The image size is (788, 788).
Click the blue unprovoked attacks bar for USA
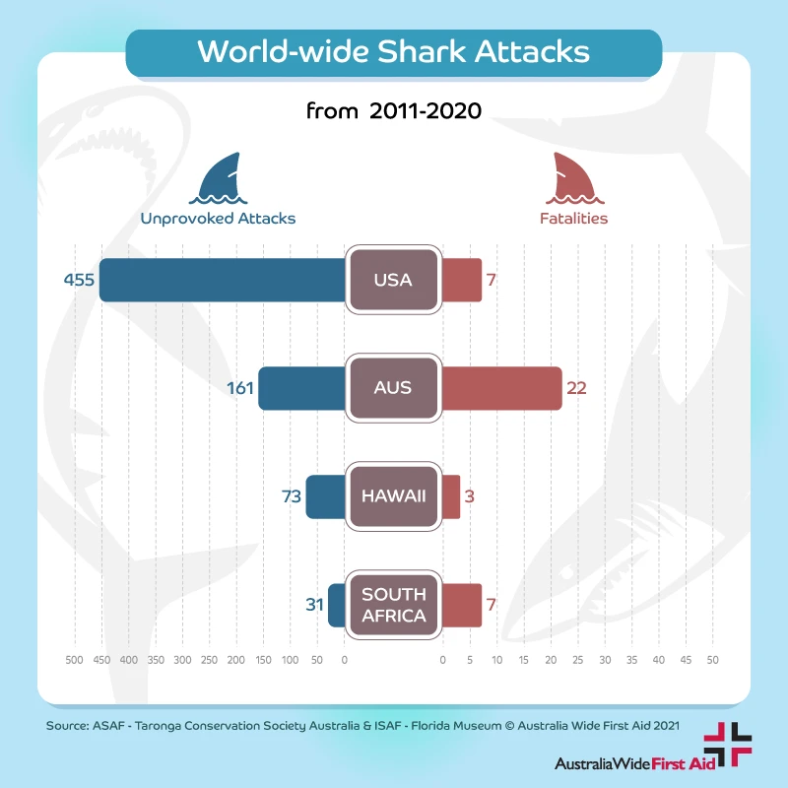(222, 280)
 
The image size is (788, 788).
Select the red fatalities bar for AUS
(501, 388)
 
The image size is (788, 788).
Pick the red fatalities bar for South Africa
(461, 605)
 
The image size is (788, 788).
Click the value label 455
(79, 281)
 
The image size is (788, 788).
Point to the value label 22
(576, 388)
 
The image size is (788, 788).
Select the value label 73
(291, 496)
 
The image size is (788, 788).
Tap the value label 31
(314, 605)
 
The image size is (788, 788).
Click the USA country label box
(393, 280)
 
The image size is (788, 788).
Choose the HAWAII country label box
(393, 496)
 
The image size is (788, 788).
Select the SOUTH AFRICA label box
(393, 605)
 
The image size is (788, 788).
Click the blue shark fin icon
(219, 178)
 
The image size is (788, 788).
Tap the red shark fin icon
(573, 178)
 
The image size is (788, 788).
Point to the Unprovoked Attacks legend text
(218, 219)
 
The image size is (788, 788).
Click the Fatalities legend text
(573, 219)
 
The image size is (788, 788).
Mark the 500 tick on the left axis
(73, 659)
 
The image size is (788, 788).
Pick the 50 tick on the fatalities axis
(713, 659)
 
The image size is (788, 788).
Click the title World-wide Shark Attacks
(393, 51)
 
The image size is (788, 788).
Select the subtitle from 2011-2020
(393, 110)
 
